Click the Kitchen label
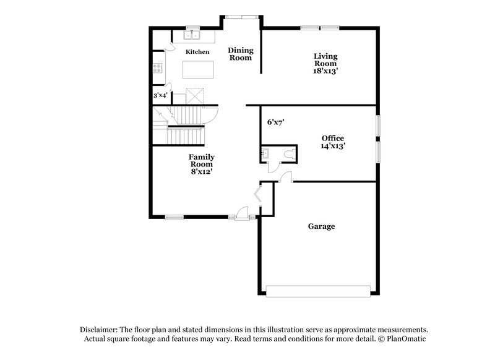click(x=197, y=52)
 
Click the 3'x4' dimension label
click(x=160, y=95)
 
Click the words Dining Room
click(x=240, y=54)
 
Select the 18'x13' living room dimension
click(x=325, y=71)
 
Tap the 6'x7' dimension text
click(x=275, y=122)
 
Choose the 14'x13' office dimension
click(x=333, y=146)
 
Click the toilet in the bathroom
click(x=286, y=153)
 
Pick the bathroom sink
click(x=266, y=153)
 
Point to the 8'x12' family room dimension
click(x=201, y=171)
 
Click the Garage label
click(x=321, y=226)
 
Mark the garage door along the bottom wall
click(x=318, y=290)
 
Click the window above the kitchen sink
click(x=193, y=27)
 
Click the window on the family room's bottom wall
click(x=174, y=216)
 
